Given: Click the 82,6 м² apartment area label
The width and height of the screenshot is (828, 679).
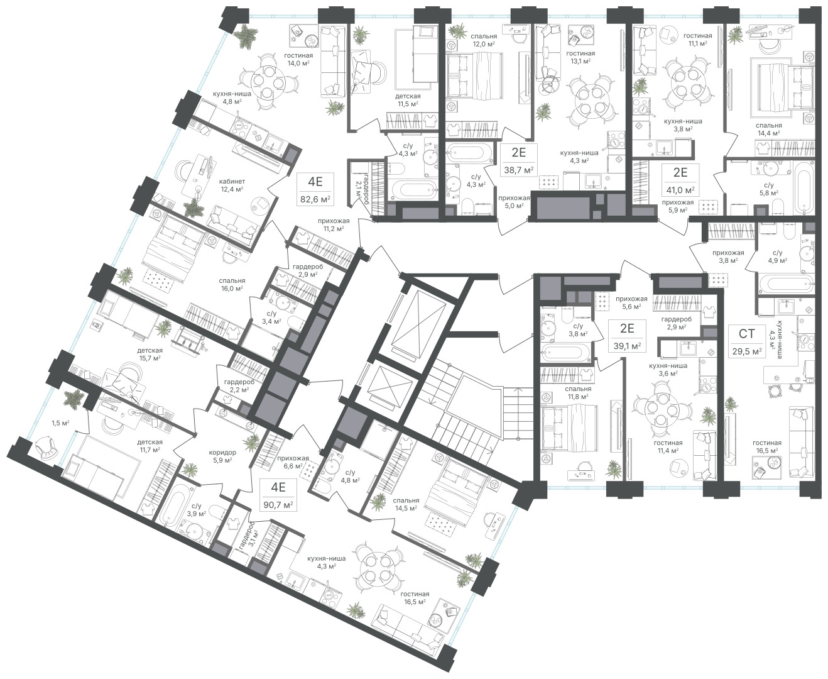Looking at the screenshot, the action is [x=315, y=199].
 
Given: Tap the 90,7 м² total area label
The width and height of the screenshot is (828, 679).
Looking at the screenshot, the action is [x=278, y=505].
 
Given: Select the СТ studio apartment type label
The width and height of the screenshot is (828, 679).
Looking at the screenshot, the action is [x=746, y=334].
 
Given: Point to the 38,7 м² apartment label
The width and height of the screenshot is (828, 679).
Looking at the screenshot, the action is [x=519, y=170].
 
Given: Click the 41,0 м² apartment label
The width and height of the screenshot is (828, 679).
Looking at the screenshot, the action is [x=680, y=190].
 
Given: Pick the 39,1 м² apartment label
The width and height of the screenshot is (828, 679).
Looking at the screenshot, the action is [x=627, y=346].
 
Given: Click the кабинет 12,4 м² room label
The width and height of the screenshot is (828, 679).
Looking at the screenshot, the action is [x=232, y=185].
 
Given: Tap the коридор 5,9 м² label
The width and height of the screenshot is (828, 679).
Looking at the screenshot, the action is [x=222, y=456].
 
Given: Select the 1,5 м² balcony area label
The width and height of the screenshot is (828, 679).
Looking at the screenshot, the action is [x=60, y=423].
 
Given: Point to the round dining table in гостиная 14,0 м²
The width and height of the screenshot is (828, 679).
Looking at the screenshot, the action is [x=268, y=82].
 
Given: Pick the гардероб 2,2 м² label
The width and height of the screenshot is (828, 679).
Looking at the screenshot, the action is [x=239, y=385].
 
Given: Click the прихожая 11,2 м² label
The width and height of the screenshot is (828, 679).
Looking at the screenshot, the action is [x=334, y=224].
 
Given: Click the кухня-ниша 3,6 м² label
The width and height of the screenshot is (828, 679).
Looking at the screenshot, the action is [x=668, y=370].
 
